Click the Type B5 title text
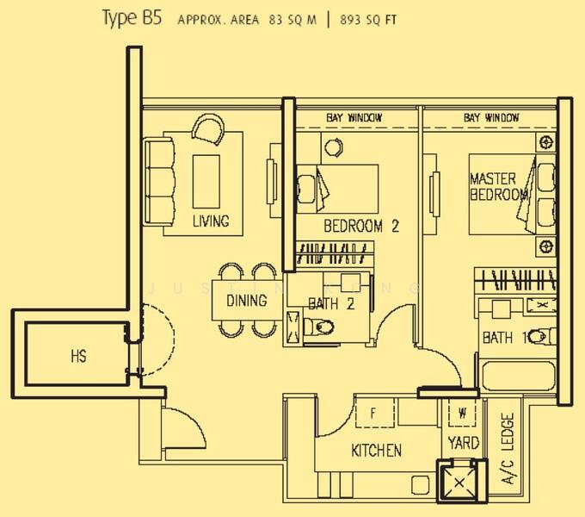click(131, 18)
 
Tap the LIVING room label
click(211, 221)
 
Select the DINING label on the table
click(246, 301)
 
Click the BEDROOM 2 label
click(361, 227)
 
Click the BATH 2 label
click(331, 303)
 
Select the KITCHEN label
click(376, 451)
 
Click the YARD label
click(462, 443)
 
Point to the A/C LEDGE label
click(507, 448)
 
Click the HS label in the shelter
click(77, 356)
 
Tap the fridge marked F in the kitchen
click(373, 413)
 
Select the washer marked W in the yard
click(462, 413)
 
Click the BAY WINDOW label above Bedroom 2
click(354, 117)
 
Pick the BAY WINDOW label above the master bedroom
click(491, 117)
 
